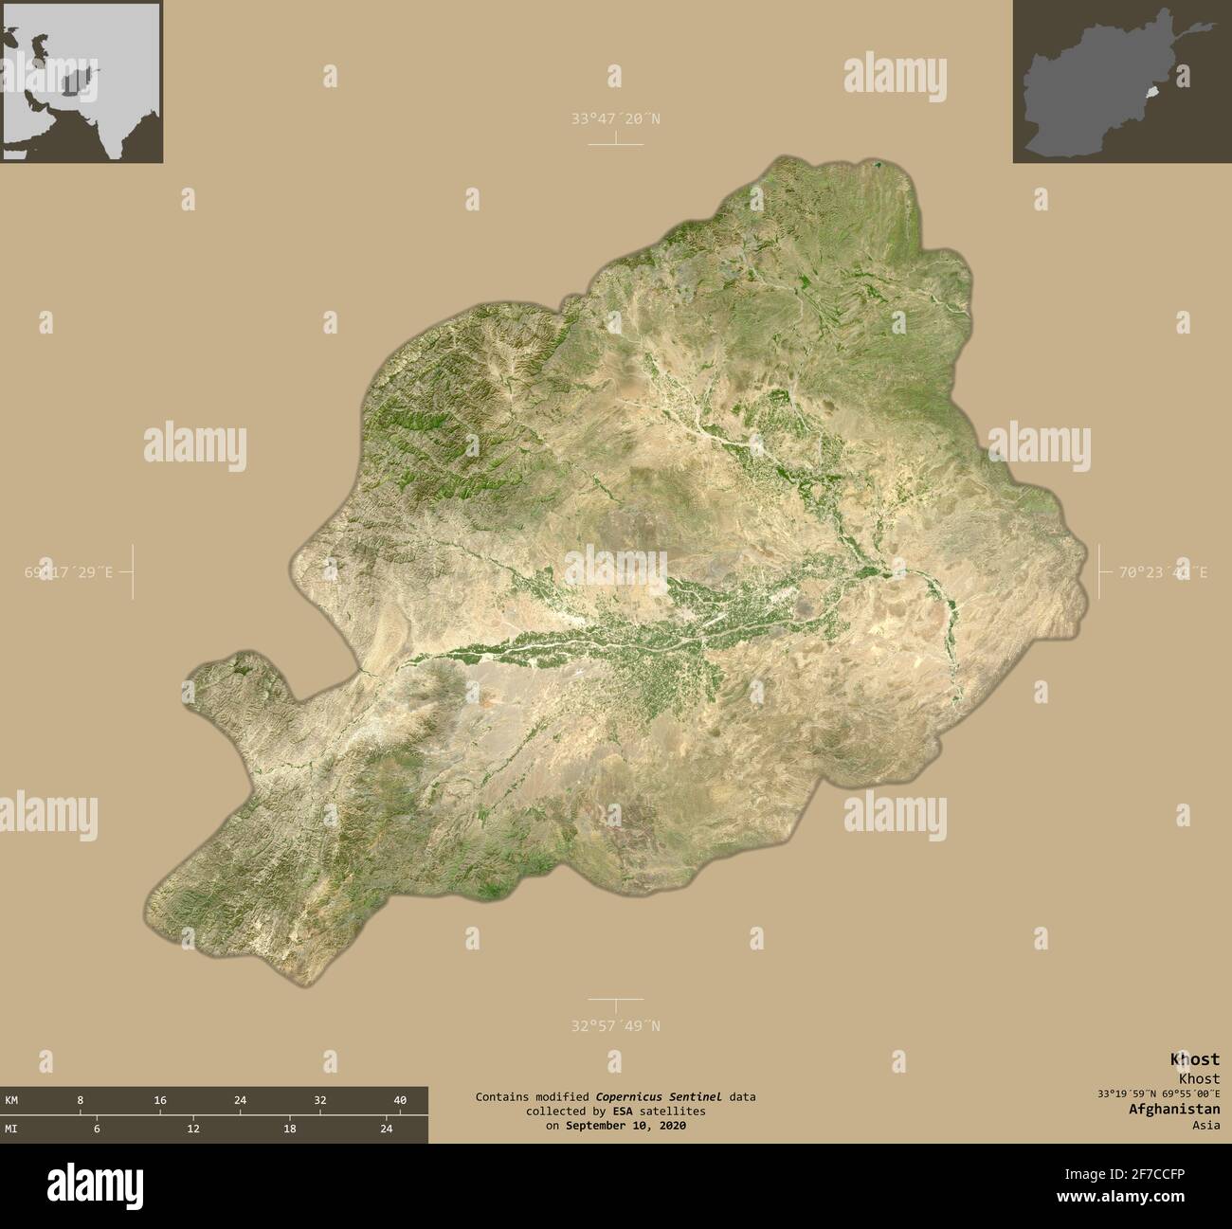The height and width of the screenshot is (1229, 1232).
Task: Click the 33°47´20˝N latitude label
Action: [x=615, y=118]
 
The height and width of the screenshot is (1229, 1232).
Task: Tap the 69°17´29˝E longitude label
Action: [x=68, y=571]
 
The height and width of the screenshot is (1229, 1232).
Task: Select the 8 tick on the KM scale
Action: [x=81, y=1100]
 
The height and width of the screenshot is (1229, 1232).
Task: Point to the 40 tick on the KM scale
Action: [x=400, y=1100]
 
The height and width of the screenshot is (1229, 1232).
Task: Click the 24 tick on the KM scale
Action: [x=241, y=1100]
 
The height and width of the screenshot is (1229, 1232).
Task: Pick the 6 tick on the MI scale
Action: [x=97, y=1129]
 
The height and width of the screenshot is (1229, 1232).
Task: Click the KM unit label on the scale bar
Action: [x=12, y=1100]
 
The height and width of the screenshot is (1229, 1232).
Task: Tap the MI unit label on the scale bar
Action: [x=12, y=1129]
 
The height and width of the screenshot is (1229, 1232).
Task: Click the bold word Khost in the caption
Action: [x=1195, y=1059]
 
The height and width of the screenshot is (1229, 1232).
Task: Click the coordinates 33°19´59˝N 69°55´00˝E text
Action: [x=1155, y=1093]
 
